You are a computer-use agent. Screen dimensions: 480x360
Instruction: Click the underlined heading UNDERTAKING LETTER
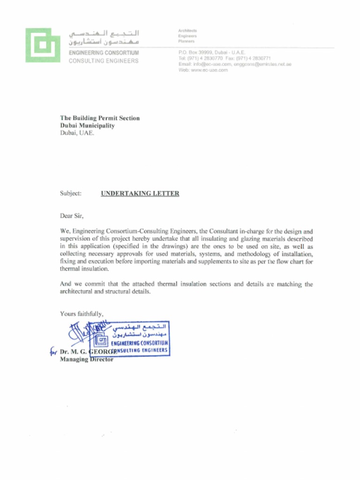click(140, 194)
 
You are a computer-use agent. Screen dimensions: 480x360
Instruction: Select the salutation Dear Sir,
click(71, 216)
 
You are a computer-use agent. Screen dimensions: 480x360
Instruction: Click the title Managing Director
click(87, 360)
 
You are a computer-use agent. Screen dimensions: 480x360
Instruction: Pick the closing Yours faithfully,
click(82, 314)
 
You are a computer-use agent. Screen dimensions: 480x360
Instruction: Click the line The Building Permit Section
click(99, 119)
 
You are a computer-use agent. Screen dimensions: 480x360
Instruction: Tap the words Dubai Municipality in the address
click(87, 126)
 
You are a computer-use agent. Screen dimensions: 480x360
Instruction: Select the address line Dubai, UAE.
click(77, 133)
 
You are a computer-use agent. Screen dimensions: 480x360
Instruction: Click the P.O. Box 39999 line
click(212, 52)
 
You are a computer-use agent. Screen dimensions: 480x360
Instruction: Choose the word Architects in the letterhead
click(187, 30)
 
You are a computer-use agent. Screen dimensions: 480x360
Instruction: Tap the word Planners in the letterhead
click(187, 42)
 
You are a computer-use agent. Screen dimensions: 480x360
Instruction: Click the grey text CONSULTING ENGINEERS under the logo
click(104, 61)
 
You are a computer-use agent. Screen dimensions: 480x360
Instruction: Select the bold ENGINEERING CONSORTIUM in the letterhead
click(104, 53)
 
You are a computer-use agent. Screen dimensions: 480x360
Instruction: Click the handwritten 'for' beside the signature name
click(53, 352)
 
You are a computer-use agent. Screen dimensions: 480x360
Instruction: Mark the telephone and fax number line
click(224, 59)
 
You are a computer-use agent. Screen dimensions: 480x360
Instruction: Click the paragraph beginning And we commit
click(187, 288)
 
